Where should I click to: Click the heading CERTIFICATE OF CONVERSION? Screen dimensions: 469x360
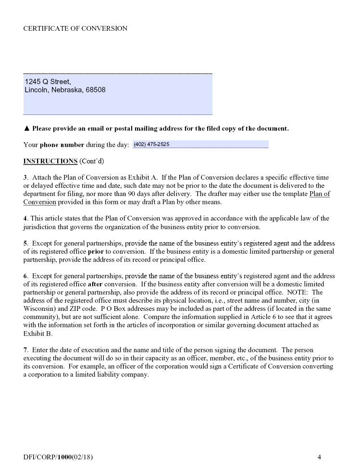75,28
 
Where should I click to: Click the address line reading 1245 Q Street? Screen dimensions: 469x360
48,81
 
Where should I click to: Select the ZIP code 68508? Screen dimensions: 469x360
96,90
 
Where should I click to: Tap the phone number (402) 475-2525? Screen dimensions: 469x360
151,144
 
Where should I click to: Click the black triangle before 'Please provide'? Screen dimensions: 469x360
27,129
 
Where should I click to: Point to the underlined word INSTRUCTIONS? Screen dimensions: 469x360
50,160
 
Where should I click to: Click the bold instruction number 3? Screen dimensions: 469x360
25,178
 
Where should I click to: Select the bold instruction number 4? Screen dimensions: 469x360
25,219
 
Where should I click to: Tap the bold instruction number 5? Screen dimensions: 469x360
25,244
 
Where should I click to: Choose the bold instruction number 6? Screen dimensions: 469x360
25,276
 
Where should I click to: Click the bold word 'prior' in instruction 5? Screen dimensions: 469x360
95,252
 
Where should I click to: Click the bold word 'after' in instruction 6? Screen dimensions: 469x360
95,284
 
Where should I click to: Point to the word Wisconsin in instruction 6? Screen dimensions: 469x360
40,309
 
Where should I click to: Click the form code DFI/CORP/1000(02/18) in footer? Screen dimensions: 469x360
58,457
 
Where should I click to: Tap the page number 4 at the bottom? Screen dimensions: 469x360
319,457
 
